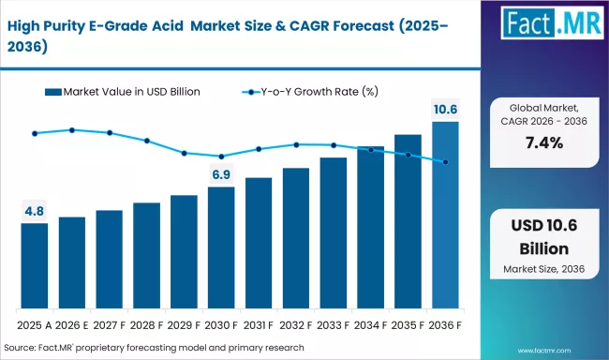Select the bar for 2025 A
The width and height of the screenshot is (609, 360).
click(35, 266)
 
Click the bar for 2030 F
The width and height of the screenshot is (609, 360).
click(221, 248)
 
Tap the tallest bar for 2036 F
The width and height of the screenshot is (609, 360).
click(445, 216)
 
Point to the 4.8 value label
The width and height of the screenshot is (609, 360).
click(35, 212)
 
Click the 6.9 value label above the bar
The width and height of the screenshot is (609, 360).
click(221, 175)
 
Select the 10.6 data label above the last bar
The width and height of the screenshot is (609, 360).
click(445, 111)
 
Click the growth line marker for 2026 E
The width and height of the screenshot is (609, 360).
click(72, 130)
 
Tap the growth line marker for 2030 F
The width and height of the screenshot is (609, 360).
click(221, 157)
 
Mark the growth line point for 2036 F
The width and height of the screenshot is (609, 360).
click(445, 162)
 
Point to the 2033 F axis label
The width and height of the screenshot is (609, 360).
click(333, 324)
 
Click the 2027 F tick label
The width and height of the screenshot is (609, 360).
click(109, 324)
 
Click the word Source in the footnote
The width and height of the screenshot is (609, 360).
click(22, 346)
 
